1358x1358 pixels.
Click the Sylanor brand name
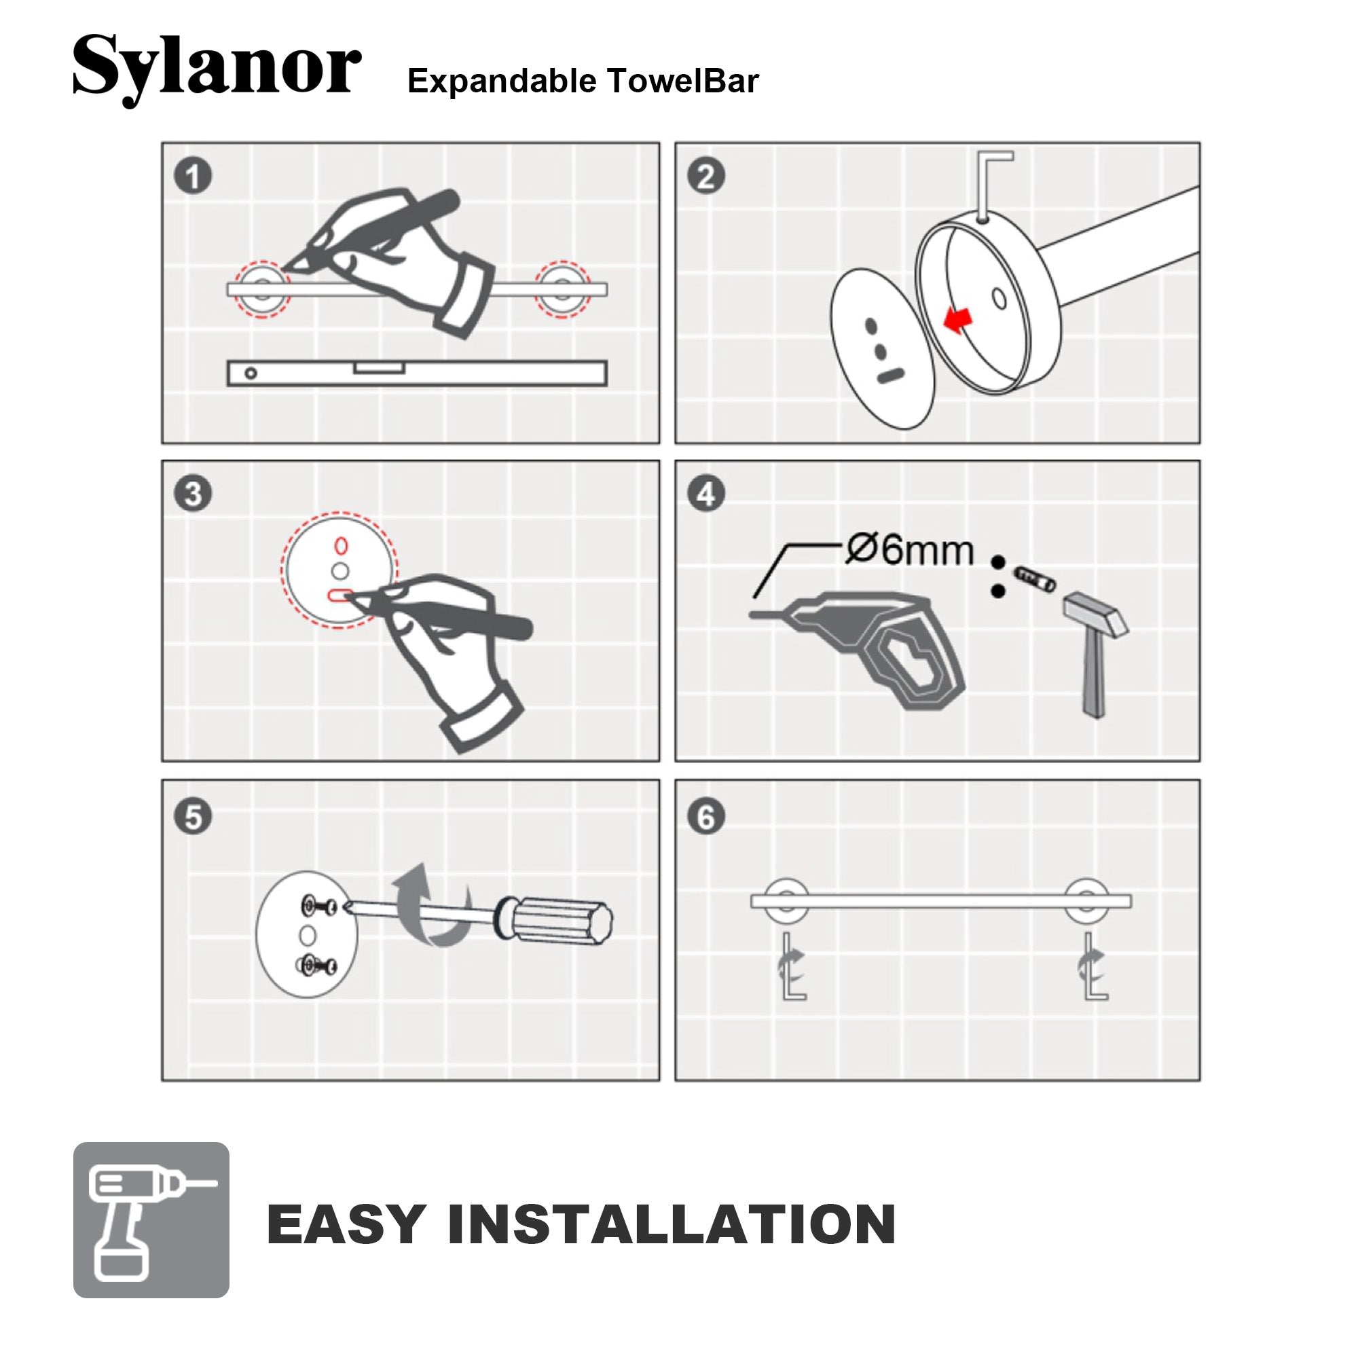(x=217, y=69)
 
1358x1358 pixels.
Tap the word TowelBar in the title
(x=683, y=81)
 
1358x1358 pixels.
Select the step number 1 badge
(x=193, y=176)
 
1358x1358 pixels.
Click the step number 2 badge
(x=705, y=176)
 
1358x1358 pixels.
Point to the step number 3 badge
(x=193, y=494)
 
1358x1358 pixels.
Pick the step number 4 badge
(x=705, y=494)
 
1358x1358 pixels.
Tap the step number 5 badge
(x=193, y=817)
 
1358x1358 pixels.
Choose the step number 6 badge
(x=705, y=817)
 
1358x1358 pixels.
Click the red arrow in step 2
(x=957, y=319)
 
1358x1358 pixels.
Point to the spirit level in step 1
(x=417, y=373)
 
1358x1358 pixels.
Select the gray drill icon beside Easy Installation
(x=151, y=1219)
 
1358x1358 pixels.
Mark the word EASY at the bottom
(x=346, y=1224)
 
